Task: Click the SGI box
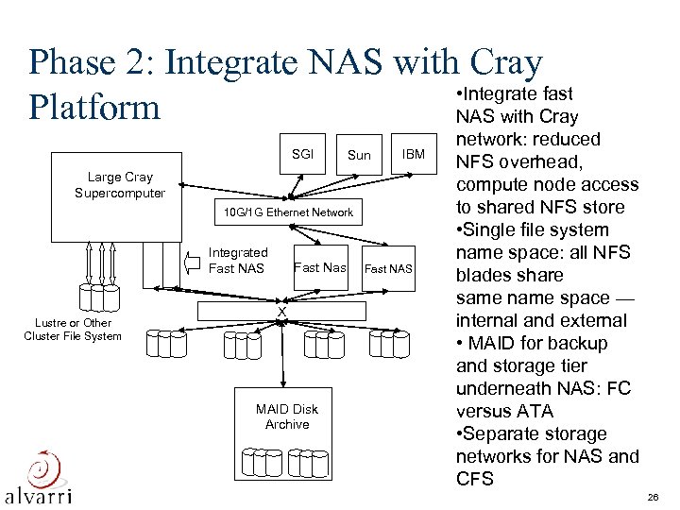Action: click(302, 154)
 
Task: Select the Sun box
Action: click(358, 154)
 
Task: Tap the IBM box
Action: click(413, 154)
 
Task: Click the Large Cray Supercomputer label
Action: click(120, 185)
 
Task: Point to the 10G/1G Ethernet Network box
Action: click(288, 212)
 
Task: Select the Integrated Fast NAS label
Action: click(238, 261)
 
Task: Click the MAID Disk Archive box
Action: click(287, 416)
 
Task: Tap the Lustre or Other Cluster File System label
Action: click(73, 329)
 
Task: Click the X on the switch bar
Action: click(280, 313)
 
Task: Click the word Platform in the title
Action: click(95, 107)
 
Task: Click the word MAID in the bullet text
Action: click(495, 343)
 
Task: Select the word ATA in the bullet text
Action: click(535, 411)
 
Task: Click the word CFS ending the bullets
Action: click(474, 479)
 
